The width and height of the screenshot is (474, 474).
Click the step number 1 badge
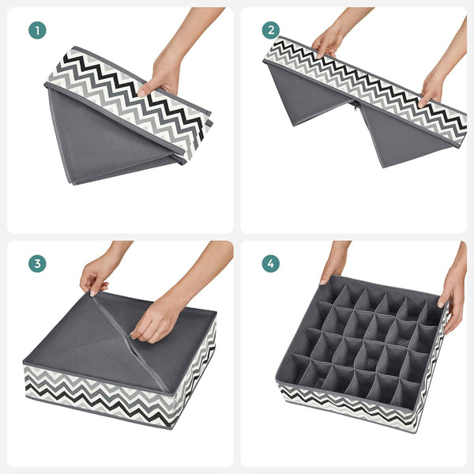37,31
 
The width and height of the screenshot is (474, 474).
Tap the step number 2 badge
271,31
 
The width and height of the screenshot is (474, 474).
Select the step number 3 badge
37,264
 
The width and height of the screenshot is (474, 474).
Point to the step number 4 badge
271,264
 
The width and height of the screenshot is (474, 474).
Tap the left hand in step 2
328,39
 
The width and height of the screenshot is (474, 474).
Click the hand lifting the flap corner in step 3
99,273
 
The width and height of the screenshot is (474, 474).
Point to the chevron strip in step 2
363,91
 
